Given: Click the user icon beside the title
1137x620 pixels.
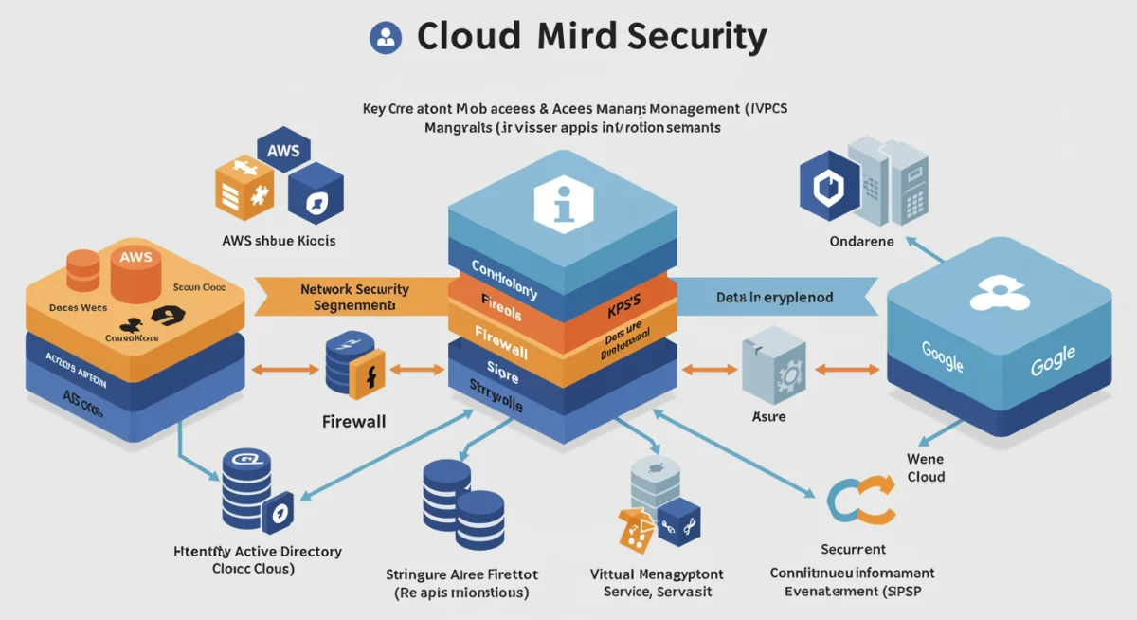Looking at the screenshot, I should click(385, 37).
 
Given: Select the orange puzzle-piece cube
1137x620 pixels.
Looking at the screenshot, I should click(244, 186).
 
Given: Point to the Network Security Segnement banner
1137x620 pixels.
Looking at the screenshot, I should click(352, 297).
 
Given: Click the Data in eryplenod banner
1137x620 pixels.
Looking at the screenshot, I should click(774, 297).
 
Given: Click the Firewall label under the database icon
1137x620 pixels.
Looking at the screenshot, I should click(354, 421).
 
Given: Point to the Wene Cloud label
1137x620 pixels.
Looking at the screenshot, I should click(925, 467).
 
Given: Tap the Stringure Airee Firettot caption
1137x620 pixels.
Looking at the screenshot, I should click(460, 583).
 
